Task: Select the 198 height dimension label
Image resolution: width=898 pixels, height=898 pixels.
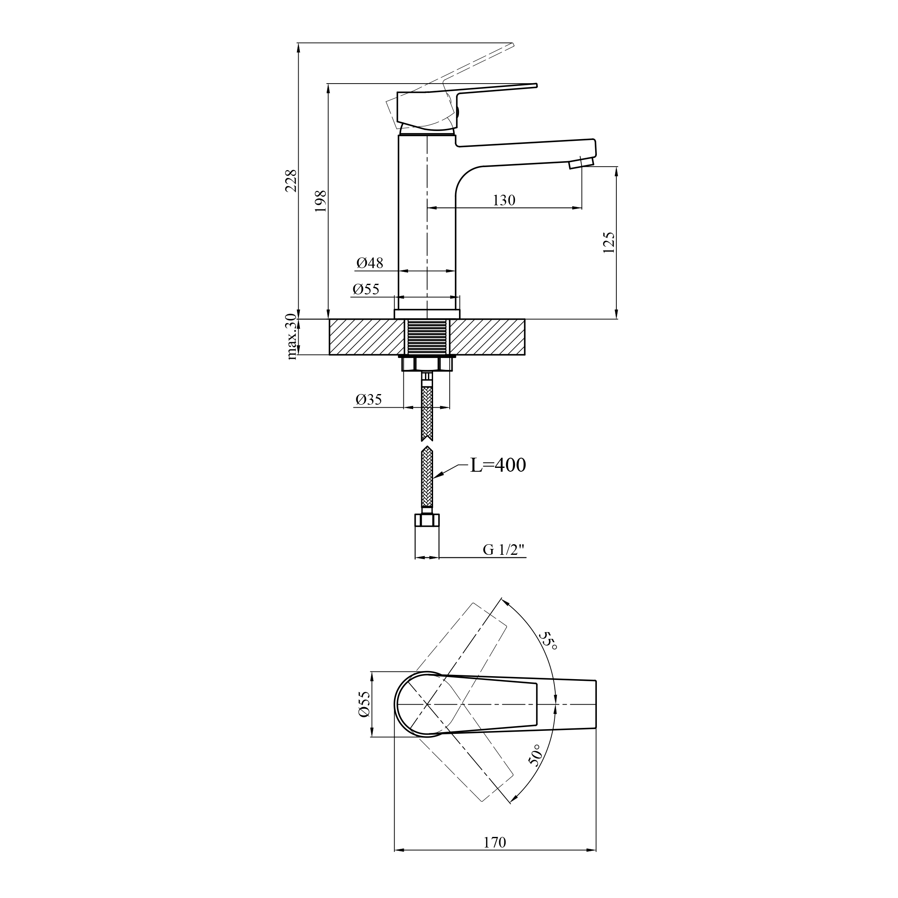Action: coord(321,201)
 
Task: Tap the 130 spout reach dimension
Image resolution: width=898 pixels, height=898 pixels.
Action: coord(504,200)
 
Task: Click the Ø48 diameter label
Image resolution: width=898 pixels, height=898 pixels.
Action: coord(370,263)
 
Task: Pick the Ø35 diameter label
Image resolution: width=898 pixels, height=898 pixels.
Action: coord(369,399)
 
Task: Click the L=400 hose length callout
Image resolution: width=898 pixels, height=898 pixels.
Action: coord(498,465)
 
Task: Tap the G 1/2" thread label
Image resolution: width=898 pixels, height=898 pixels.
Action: coord(504,550)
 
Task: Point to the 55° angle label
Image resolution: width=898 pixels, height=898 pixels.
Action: coord(549,641)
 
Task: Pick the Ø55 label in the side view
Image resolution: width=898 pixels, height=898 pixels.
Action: coord(366,289)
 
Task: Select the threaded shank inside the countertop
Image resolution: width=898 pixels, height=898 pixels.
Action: coord(427,336)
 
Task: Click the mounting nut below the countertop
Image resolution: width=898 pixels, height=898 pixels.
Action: coord(427,363)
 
